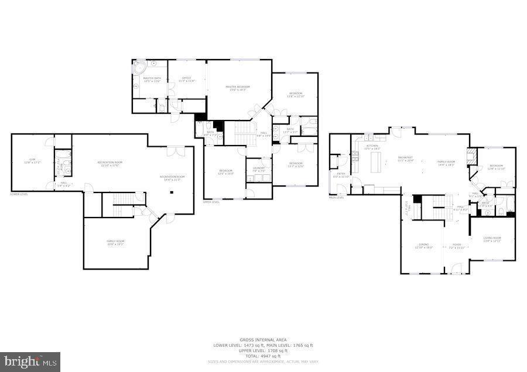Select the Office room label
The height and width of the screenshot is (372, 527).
(x=187, y=79)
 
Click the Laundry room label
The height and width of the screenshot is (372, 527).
(x=259, y=170)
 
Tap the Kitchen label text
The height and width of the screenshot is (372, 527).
(x=372, y=147)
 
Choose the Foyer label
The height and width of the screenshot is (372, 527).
(x=456, y=246)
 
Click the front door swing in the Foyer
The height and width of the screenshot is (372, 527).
(x=457, y=268)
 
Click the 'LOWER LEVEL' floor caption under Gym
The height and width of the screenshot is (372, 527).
(x=19, y=194)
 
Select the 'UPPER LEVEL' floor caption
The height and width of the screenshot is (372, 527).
(x=211, y=202)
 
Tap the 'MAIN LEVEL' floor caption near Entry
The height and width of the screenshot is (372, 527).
(x=336, y=198)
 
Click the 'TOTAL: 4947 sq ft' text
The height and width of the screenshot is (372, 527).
(x=263, y=356)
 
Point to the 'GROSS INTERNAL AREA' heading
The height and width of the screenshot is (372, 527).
(x=263, y=340)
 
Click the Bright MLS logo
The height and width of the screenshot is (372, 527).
(x=30, y=361)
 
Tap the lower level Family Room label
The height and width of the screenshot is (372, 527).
(x=115, y=242)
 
